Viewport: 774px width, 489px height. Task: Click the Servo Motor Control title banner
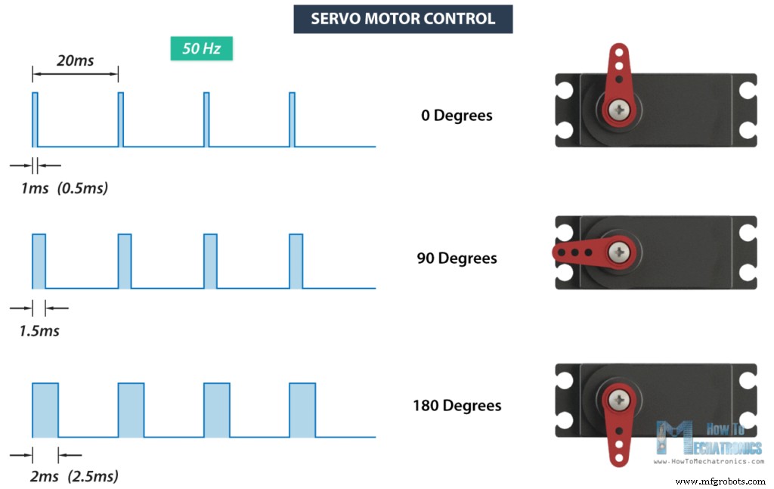click(x=403, y=19)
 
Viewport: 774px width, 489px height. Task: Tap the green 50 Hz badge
click(x=201, y=49)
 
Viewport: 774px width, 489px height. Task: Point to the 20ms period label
click(x=75, y=60)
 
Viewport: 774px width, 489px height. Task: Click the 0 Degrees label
click(x=457, y=116)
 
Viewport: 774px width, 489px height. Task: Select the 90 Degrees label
click(x=457, y=258)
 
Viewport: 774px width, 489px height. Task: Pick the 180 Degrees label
click(x=457, y=405)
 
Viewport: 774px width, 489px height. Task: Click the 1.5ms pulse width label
click(x=39, y=330)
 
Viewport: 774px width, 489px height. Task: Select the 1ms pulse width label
click(x=35, y=187)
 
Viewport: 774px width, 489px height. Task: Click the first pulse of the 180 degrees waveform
click(x=45, y=410)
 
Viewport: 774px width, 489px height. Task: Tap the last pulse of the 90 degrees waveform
click(x=296, y=261)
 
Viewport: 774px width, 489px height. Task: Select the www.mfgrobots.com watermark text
click(x=720, y=481)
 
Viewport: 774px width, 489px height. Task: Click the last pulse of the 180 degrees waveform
click(x=302, y=410)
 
